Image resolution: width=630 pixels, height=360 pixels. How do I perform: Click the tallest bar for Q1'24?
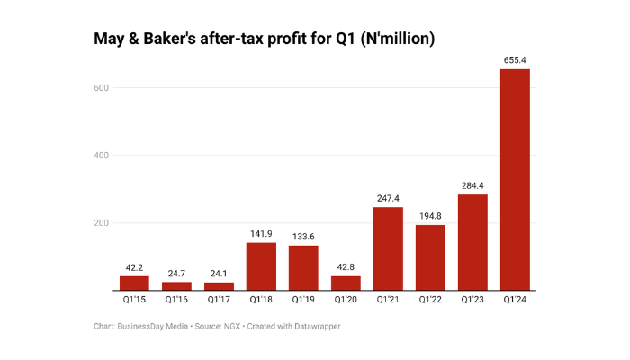[x=515, y=180]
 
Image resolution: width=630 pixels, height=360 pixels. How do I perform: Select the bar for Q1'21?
[x=388, y=248]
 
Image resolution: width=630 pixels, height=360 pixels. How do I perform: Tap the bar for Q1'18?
[x=261, y=266]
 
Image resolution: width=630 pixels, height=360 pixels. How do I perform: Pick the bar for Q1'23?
[x=472, y=242]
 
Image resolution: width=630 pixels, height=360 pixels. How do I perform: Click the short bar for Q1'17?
[x=219, y=286]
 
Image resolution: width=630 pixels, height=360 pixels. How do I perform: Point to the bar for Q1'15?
[x=134, y=283]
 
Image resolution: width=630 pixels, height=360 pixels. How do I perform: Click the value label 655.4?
[x=515, y=60]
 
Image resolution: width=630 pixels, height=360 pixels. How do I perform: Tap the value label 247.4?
[x=388, y=198]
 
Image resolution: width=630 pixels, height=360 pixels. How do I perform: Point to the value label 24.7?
[x=176, y=273]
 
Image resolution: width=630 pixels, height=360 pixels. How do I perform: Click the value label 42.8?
[x=346, y=267]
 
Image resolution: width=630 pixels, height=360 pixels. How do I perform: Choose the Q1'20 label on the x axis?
[x=346, y=301]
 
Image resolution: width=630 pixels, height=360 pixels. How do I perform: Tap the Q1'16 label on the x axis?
[x=176, y=301]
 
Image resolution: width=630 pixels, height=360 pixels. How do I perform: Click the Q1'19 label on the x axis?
[x=303, y=301]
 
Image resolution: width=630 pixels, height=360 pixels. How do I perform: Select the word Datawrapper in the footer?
[x=311, y=326]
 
